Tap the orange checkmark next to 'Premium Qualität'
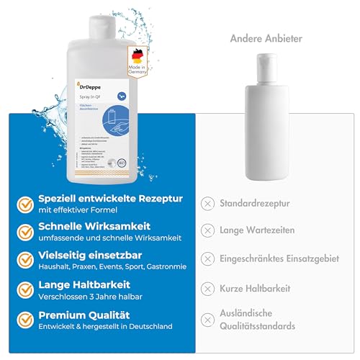(x=26, y=319)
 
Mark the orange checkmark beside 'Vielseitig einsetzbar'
(x=26, y=261)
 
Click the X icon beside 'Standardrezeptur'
(x=207, y=203)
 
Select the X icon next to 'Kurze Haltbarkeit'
(x=207, y=288)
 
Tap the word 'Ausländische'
(x=250, y=313)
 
